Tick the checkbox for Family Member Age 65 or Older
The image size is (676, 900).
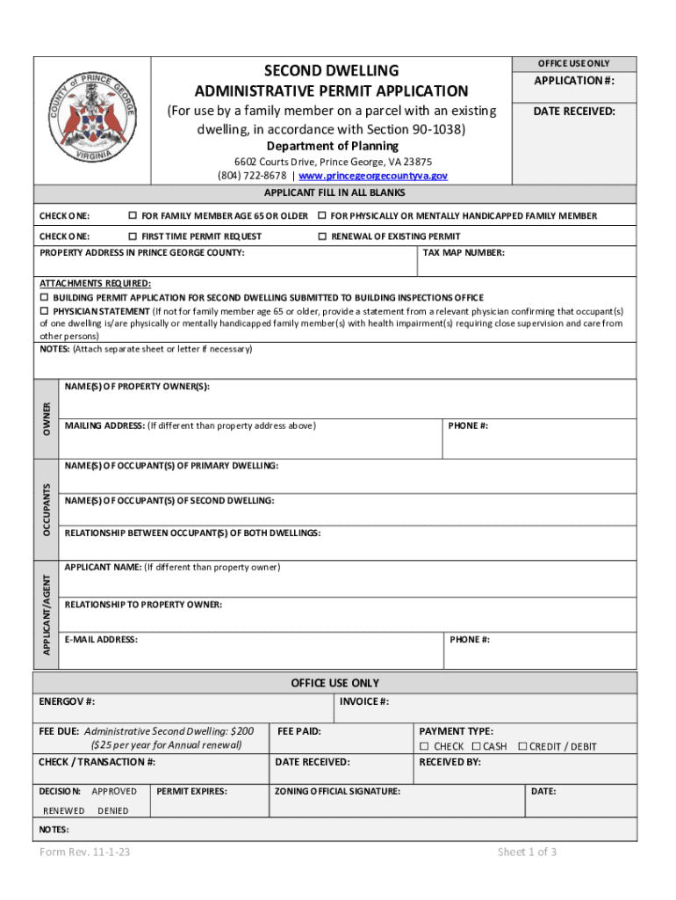133,216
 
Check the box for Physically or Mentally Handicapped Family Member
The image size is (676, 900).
322,216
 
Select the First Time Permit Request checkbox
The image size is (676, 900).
133,236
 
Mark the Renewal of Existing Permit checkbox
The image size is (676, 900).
322,236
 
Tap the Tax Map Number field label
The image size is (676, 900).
464,253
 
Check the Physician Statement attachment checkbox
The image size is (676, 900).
45,311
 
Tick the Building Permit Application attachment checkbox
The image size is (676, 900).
45,298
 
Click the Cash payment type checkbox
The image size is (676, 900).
476,746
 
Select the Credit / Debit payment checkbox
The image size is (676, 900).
522,746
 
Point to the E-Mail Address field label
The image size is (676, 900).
101,640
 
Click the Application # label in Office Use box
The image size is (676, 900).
575,82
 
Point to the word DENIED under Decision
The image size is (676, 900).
112,810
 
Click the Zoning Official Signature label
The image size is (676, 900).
337,791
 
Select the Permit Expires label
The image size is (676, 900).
191,791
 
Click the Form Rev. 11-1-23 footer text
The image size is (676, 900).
85,853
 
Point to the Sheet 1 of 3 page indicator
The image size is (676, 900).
527,853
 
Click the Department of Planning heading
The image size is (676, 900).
332,146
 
